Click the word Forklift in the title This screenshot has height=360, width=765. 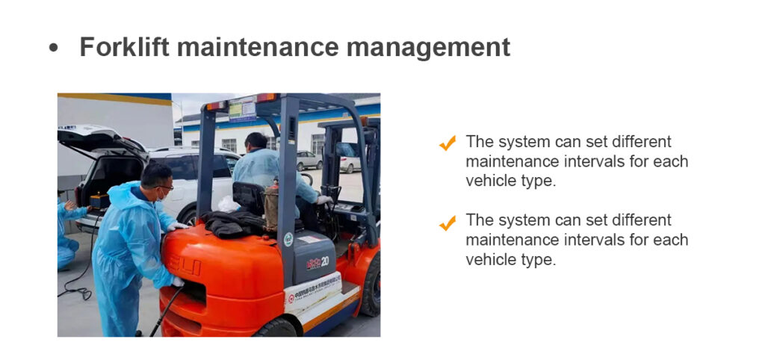coord(125,47)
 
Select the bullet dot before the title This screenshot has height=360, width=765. coord(54,49)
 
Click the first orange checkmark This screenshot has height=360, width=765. coord(447,143)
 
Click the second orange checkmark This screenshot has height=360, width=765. coord(447,223)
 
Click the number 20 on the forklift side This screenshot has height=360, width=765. coord(325,261)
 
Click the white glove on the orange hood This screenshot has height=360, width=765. coord(178,226)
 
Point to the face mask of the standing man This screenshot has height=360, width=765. coord(162,195)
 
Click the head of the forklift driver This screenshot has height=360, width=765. coord(255,143)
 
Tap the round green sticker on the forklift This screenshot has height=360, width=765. coord(289,239)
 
